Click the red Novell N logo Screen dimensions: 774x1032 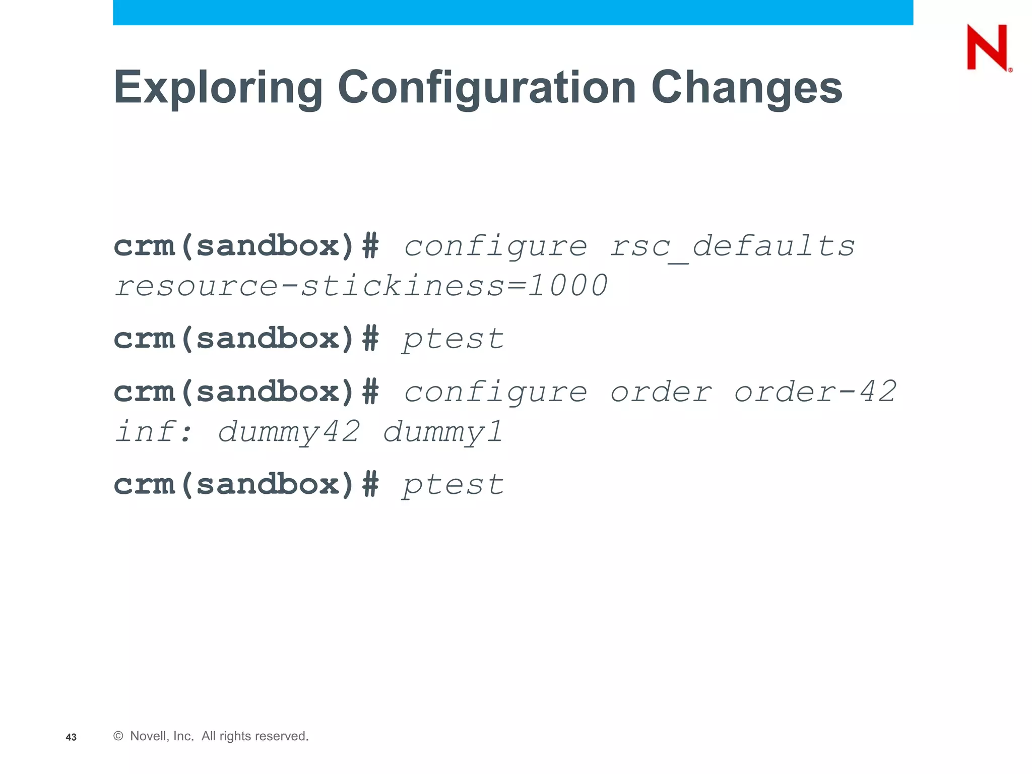coord(987,48)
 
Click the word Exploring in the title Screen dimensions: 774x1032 coord(218,88)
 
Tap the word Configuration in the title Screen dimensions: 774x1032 coord(487,88)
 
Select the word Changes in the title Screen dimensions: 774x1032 coord(746,88)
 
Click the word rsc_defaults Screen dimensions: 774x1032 coord(732,246)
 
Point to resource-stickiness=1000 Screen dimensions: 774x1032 coord(361,286)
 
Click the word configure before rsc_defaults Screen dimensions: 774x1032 coord(495,246)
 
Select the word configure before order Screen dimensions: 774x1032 coord(495,393)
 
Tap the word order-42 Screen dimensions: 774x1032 coord(815,392)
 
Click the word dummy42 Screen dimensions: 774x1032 coord(289,432)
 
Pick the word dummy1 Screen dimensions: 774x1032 coord(443,432)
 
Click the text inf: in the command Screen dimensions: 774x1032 coord(154,432)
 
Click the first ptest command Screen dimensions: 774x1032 coord(453,339)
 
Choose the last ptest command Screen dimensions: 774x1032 coord(453,485)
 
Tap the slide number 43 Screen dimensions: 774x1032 coord(71,737)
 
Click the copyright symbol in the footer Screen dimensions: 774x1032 coord(118,736)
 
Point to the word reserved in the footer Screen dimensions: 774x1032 coord(283,736)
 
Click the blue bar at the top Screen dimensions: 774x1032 coord(512,12)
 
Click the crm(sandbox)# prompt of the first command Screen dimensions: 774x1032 coord(246,246)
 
